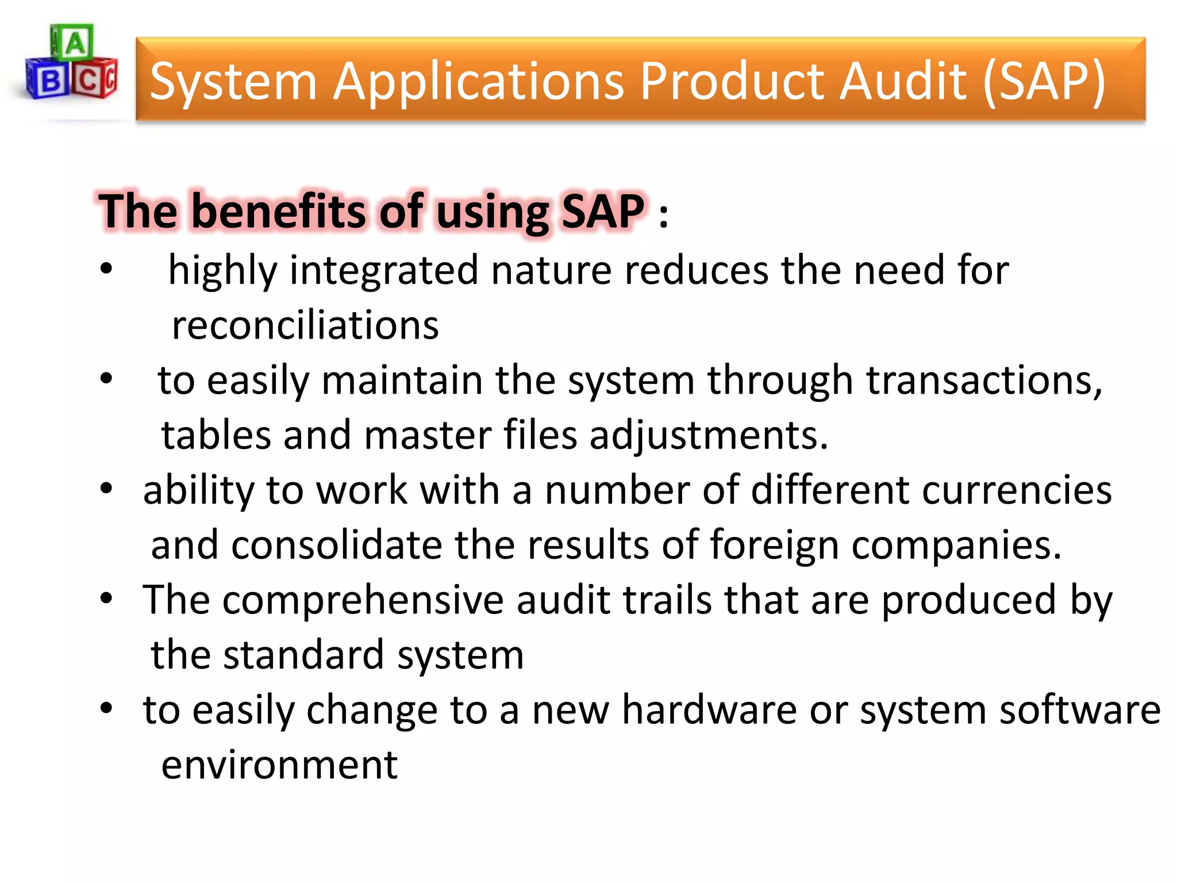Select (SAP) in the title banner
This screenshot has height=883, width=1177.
pos(1044,81)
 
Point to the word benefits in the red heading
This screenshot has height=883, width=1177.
pos(279,211)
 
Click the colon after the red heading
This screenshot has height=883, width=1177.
pos(663,215)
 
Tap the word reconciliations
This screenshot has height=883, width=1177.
pos(305,325)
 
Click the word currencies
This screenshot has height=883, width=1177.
pos(1017,490)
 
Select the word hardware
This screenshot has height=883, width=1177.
pos(709,710)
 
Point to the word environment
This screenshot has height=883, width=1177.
pos(279,765)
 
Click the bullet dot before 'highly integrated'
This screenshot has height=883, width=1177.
pos(106,268)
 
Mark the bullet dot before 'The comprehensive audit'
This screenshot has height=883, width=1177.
pos(106,598)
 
